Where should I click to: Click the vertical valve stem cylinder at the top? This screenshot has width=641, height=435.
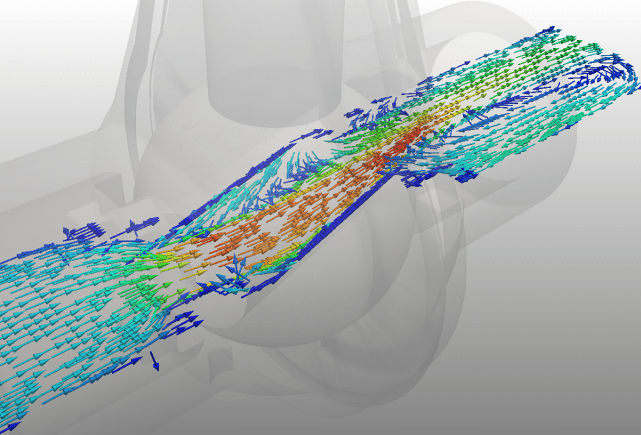(272, 56)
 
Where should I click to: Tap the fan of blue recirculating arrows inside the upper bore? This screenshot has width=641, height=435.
(300, 169)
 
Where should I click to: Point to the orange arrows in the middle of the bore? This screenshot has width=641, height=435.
(294, 219)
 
